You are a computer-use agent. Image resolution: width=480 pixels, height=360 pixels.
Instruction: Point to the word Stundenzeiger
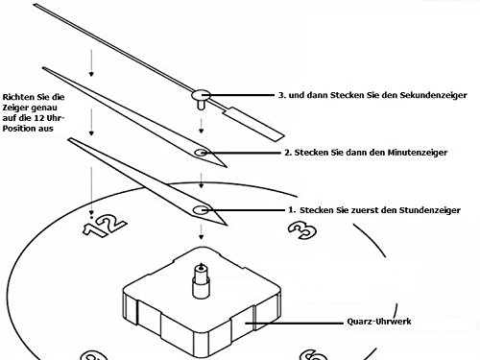[x=430, y=208]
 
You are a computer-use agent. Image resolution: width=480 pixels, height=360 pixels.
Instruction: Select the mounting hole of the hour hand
[x=200, y=209]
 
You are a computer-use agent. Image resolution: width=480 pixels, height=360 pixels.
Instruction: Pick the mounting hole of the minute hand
[x=200, y=153]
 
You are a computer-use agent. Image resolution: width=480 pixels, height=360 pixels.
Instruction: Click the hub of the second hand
[x=200, y=95]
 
